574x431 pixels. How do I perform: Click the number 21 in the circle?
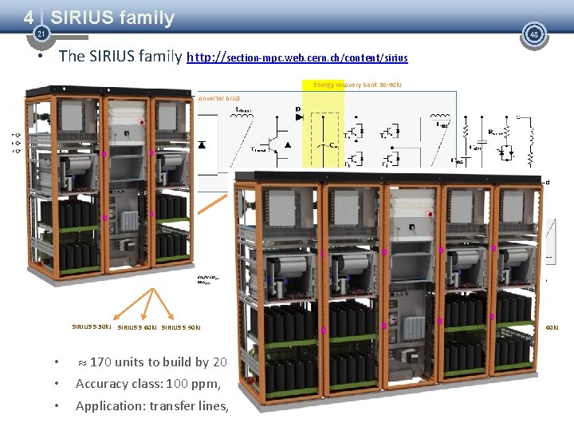[40, 34]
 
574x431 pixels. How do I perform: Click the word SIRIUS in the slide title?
[83, 17]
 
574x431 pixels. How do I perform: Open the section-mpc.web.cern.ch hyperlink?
[297, 57]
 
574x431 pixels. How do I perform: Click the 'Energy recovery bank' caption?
[356, 85]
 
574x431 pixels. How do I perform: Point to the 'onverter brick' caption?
[218, 98]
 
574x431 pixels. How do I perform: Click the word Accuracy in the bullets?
[102, 384]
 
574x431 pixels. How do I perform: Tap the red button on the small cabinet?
[141, 122]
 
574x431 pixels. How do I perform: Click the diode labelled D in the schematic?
[298, 117]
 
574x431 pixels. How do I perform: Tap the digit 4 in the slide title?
[29, 16]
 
